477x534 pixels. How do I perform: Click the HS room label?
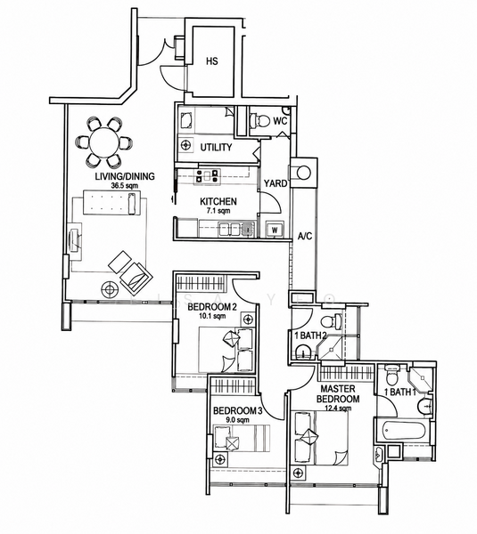click(212, 61)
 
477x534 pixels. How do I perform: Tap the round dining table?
click(104, 142)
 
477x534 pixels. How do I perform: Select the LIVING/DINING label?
click(125, 176)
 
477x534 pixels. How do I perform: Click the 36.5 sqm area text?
click(125, 186)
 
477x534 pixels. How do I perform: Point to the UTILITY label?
click(216, 148)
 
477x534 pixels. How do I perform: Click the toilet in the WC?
click(259, 120)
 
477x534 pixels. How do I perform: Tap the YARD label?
click(275, 183)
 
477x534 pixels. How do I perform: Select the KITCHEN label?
click(218, 201)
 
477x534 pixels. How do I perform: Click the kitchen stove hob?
click(207, 175)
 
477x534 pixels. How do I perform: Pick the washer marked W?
click(275, 230)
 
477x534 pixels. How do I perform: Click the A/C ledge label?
click(305, 236)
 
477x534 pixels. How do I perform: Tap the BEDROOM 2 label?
click(212, 307)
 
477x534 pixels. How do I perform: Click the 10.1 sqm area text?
click(212, 316)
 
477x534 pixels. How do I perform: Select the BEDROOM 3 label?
click(237, 410)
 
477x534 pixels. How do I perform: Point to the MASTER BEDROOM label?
click(338, 393)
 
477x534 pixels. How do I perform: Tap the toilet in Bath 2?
click(332, 320)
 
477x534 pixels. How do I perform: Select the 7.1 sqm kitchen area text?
click(218, 211)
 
